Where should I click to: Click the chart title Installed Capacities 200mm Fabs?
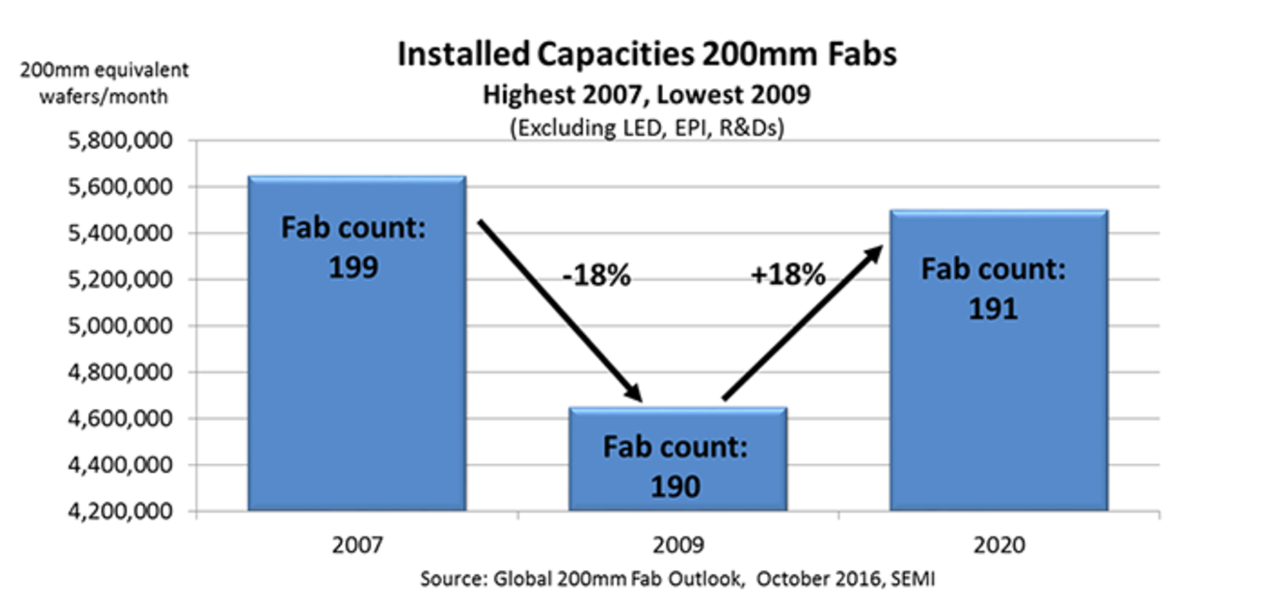(x=647, y=54)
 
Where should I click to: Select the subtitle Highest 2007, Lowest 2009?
(x=647, y=95)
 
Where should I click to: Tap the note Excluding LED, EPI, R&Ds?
(x=647, y=127)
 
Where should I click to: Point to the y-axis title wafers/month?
(x=104, y=97)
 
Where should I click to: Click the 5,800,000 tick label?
(x=119, y=141)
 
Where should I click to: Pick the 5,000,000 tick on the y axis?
(x=119, y=326)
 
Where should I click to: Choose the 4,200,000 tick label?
(x=119, y=512)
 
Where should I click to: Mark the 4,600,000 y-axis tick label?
(x=119, y=419)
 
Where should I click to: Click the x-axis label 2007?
(x=357, y=545)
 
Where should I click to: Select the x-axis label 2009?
(x=678, y=545)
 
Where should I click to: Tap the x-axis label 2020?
(x=999, y=545)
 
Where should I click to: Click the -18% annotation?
(x=597, y=275)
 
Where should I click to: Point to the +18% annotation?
(x=788, y=274)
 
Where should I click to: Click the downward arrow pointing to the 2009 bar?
(x=560, y=310)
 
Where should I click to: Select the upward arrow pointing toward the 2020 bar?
(x=802, y=323)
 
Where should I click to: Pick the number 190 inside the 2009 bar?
(x=675, y=487)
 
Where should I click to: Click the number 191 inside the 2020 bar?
(x=993, y=309)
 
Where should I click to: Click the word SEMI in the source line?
(x=913, y=579)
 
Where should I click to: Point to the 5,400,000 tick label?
(x=119, y=233)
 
